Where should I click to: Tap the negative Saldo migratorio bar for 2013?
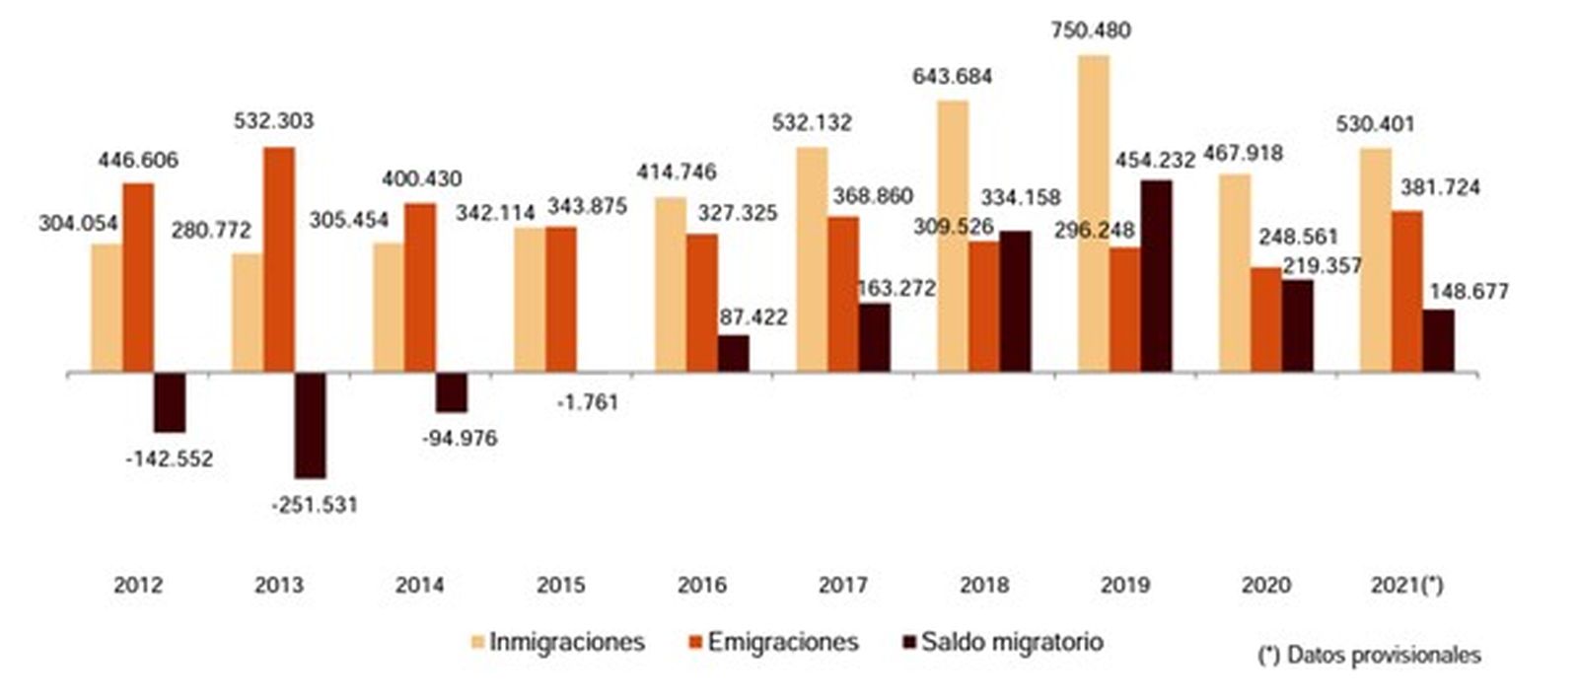310,425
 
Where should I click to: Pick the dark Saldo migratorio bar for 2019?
1156,276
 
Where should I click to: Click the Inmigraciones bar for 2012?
107,308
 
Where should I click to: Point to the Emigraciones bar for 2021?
1406,291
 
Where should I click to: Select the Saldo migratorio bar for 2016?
733,353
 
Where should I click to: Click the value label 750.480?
1090,31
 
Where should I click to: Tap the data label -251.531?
315,506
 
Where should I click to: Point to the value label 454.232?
1155,160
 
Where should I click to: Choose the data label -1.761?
587,402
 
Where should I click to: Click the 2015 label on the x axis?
560,585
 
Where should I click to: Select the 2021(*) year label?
1406,585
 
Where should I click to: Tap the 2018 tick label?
983,585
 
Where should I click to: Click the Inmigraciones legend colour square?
477,643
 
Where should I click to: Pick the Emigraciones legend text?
783,643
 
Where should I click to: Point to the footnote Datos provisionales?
1370,655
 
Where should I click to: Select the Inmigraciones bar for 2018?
952,236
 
